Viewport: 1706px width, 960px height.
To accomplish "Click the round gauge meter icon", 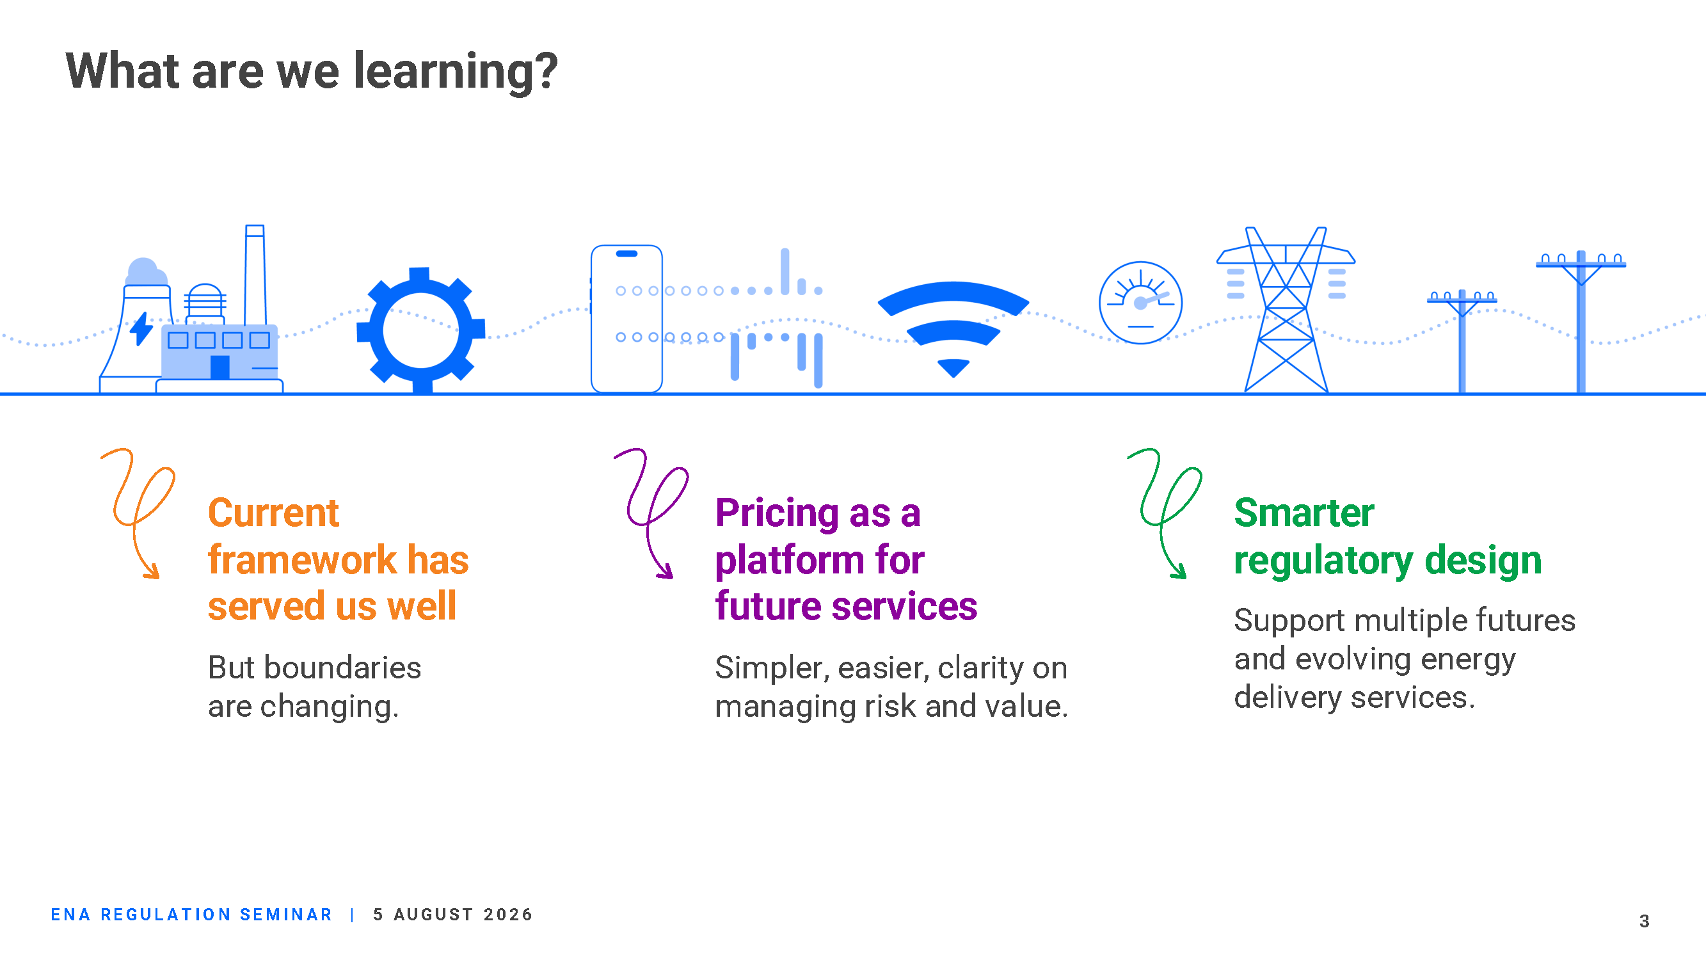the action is pyautogui.click(x=1140, y=303).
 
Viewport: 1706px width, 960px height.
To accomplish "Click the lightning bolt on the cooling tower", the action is pyautogui.click(x=141, y=328).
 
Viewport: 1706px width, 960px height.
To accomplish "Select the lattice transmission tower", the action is pyautogui.click(x=1286, y=309).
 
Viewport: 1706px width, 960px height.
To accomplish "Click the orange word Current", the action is pyautogui.click(x=273, y=513).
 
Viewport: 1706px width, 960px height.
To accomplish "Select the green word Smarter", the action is pyautogui.click(x=1304, y=513).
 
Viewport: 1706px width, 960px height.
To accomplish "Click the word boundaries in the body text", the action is pyautogui.click(x=342, y=667).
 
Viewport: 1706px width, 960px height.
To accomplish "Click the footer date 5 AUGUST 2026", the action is pyautogui.click(x=453, y=915).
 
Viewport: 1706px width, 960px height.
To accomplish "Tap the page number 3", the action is pyautogui.click(x=1645, y=921).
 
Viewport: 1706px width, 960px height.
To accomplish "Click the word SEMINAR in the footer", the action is pyautogui.click(x=285, y=915).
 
